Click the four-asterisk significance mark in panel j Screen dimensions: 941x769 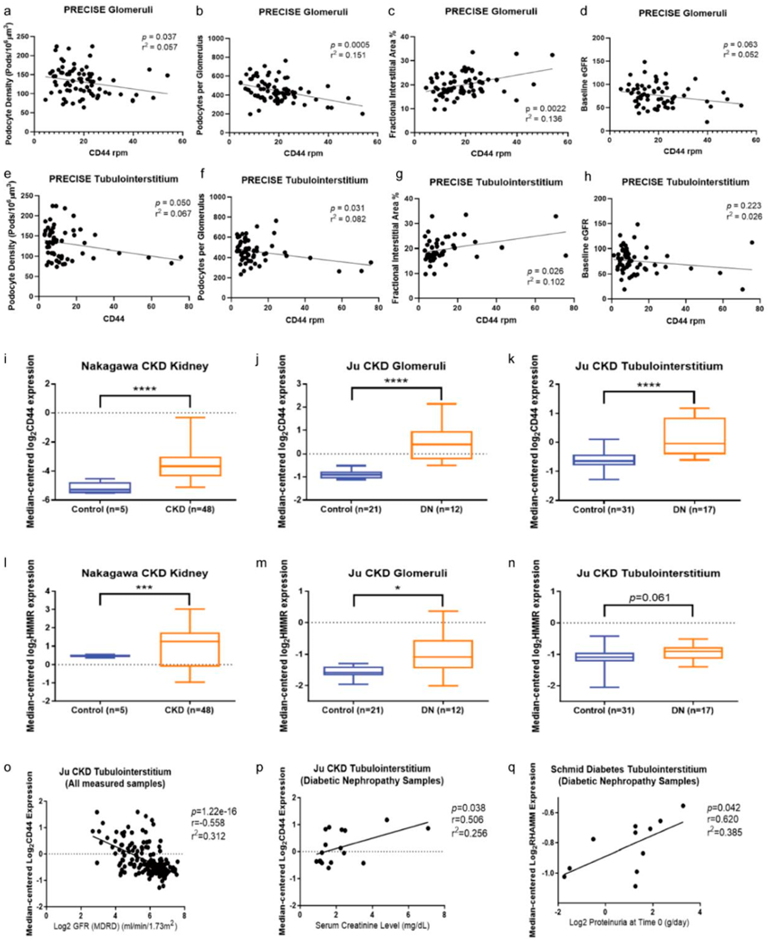[x=396, y=380]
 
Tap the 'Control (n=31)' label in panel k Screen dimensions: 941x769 [x=603, y=509]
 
